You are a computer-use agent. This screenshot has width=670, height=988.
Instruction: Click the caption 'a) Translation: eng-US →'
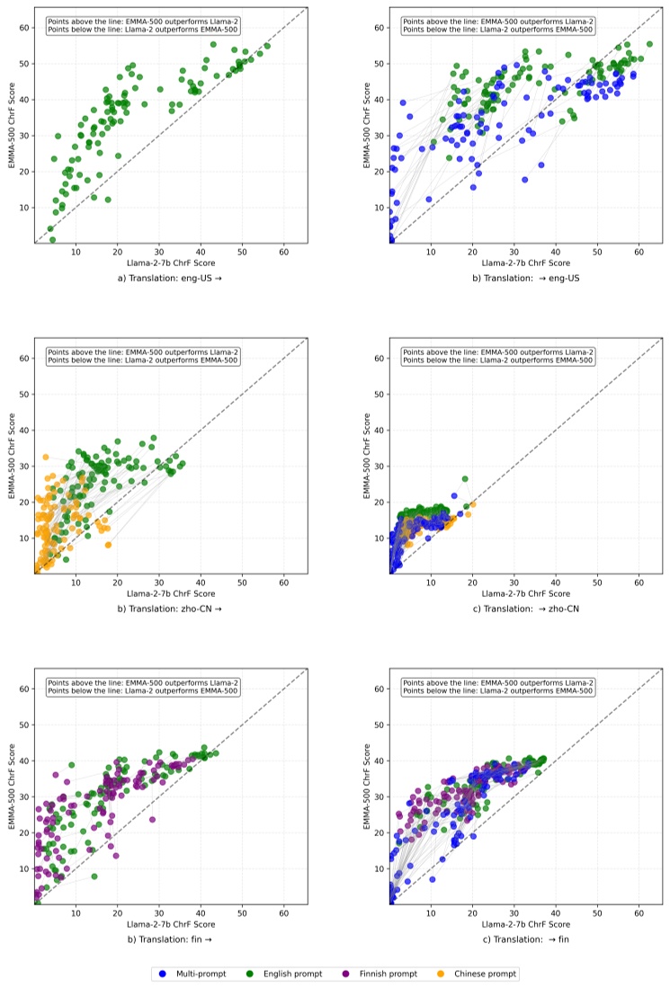click(171, 278)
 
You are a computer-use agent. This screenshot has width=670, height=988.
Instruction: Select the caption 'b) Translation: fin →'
click(171, 939)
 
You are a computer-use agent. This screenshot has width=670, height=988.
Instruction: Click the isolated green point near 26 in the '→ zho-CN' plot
click(465, 479)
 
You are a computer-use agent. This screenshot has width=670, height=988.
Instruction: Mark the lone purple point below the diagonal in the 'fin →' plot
click(152, 819)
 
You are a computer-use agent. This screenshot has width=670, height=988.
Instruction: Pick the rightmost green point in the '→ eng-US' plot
click(649, 44)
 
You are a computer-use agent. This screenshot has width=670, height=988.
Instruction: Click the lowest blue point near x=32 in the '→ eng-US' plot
click(524, 179)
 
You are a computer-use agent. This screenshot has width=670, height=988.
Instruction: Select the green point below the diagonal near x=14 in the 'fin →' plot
click(94, 877)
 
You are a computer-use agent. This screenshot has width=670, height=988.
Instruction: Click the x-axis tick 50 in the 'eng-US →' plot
click(242, 252)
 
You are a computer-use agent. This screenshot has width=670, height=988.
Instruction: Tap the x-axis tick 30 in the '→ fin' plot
click(514, 913)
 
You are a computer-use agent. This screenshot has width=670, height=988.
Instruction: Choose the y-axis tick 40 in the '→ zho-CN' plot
click(381, 430)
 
